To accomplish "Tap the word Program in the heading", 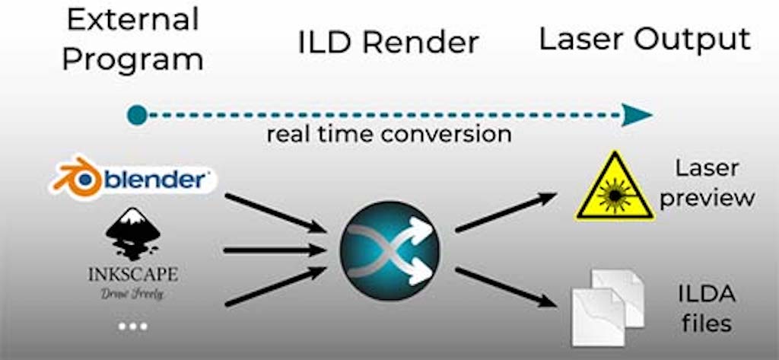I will tap(132, 58).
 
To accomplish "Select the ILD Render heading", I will tap(389, 43).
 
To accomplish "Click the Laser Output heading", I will tap(644, 40).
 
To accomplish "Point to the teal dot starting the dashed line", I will tap(136, 115).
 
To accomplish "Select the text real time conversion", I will tap(389, 135).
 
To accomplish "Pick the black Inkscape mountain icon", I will tap(133, 233).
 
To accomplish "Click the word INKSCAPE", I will tap(133, 272).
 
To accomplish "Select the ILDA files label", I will tap(705, 308).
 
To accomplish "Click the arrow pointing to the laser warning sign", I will tap(506, 212).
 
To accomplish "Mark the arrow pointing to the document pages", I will tap(505, 286).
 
